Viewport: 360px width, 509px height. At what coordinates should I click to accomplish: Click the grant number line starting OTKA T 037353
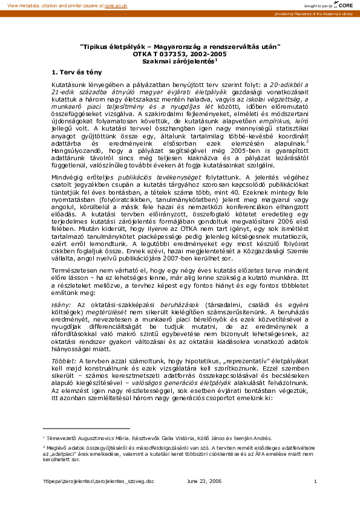(x=180, y=54)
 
